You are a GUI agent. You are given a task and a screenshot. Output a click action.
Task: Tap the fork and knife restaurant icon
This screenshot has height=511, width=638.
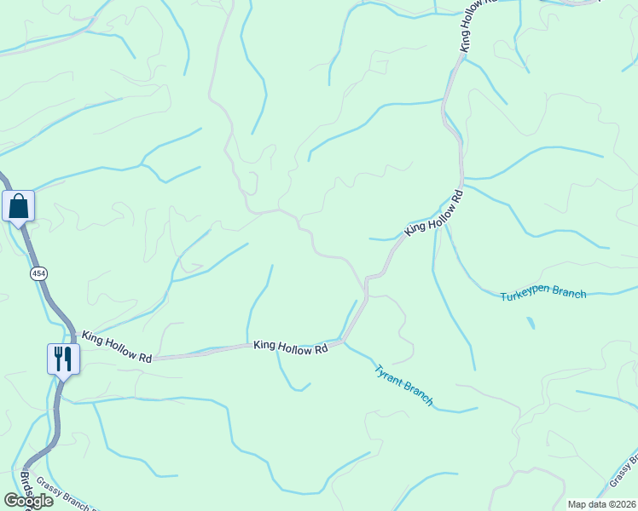tap(64, 358)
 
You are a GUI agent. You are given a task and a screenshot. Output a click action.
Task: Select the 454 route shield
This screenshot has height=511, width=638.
tap(38, 273)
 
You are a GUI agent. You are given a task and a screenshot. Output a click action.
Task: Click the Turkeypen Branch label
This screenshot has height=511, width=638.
tap(543, 294)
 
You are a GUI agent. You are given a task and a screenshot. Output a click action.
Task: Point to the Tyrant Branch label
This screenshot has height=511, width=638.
tap(404, 385)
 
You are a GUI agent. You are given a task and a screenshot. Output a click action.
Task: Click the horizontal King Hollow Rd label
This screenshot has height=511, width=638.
tap(290, 347)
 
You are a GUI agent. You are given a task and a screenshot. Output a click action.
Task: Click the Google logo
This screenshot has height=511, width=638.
tap(28, 501)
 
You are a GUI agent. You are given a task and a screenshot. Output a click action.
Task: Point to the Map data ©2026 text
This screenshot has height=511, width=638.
tap(601, 504)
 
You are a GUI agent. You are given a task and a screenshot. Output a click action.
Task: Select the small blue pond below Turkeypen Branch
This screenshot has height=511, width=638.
tap(531, 323)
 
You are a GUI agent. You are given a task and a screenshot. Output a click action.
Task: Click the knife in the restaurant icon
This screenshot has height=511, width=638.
tap(68, 358)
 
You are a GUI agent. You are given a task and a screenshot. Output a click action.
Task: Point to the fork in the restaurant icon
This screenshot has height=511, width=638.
tap(59, 358)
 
